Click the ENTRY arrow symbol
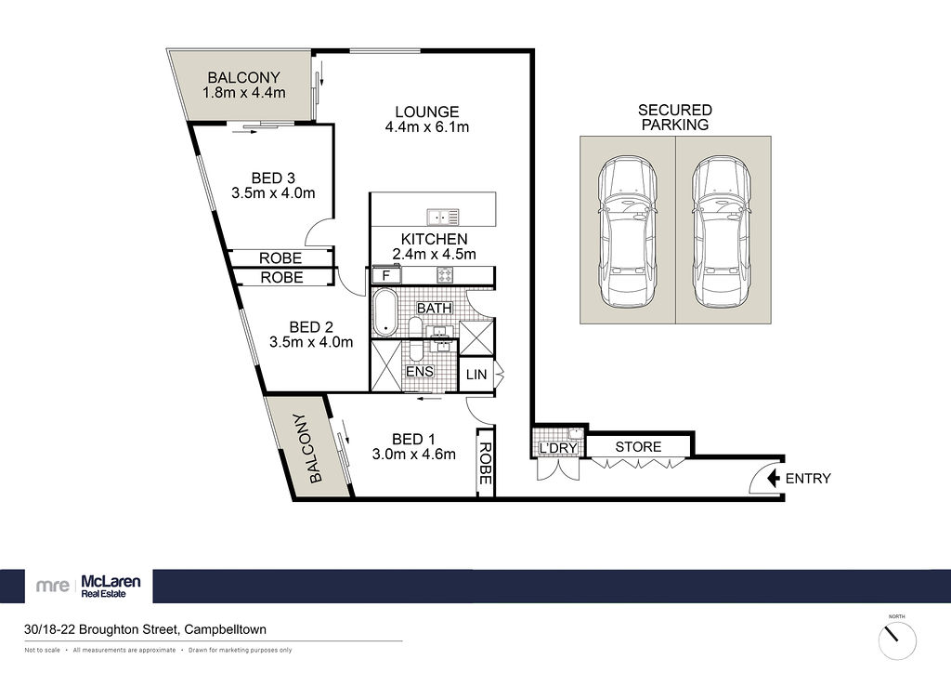click(x=774, y=478)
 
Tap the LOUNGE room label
click(x=427, y=112)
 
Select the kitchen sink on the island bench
click(x=443, y=217)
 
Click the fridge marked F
click(x=385, y=275)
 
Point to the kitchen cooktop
click(x=445, y=275)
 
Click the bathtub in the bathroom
click(x=384, y=312)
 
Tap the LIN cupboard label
click(x=476, y=375)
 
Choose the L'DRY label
click(x=558, y=448)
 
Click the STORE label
click(x=638, y=446)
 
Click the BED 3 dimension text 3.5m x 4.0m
click(x=273, y=193)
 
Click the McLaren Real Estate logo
click(x=88, y=587)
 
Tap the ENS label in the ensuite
click(x=419, y=371)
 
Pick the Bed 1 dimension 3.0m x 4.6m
click(x=413, y=454)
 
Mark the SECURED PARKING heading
click(x=674, y=117)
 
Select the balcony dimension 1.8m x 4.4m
click(x=244, y=93)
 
